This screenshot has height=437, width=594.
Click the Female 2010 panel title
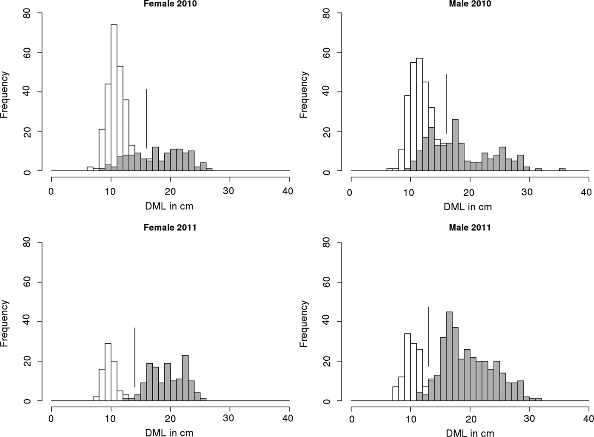pyautogui.click(x=170, y=4)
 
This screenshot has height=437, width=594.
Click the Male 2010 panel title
pyautogui.click(x=470, y=4)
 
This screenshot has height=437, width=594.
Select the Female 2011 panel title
pyautogui.click(x=170, y=227)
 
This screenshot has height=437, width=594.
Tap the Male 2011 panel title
pyautogui.click(x=470, y=227)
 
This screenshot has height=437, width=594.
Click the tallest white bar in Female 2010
pyautogui.click(x=114, y=97)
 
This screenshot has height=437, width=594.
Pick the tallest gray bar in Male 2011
pyautogui.click(x=449, y=356)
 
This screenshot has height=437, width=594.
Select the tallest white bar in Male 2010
pyautogui.click(x=420, y=114)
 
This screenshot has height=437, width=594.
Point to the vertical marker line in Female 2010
pyautogui.click(x=146, y=119)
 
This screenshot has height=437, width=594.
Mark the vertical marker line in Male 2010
pyautogui.click(x=446, y=104)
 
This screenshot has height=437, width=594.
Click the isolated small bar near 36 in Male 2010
pyautogui.click(x=562, y=170)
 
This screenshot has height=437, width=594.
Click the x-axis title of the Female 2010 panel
pyautogui.click(x=170, y=206)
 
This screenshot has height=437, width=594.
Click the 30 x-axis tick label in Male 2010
pyautogui.click(x=527, y=192)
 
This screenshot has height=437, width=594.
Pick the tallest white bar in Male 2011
pyautogui.click(x=408, y=367)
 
